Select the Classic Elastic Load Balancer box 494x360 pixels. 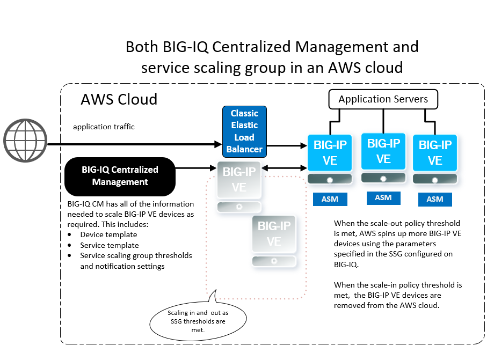click(x=244, y=131)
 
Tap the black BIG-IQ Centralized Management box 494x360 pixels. click(x=120, y=176)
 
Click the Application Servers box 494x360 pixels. click(x=383, y=99)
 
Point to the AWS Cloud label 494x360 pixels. click(x=119, y=99)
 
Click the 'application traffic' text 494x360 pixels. click(x=104, y=127)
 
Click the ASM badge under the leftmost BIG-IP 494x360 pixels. click(x=330, y=199)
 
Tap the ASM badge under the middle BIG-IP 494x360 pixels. click(x=383, y=197)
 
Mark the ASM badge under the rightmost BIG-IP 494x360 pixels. click(x=435, y=199)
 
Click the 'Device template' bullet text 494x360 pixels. click(x=108, y=234)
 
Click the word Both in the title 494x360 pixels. click(x=141, y=47)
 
